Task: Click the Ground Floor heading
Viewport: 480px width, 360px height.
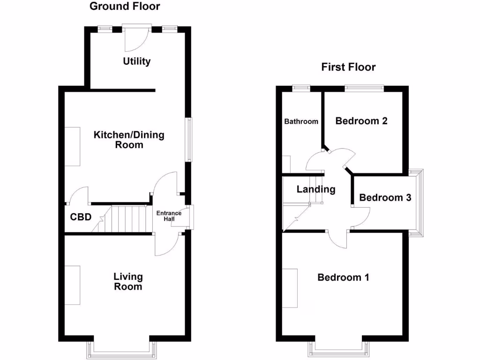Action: [124, 7]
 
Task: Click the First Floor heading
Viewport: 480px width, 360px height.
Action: [348, 67]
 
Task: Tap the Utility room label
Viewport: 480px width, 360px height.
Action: [137, 61]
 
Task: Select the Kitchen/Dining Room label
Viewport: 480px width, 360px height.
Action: [129, 140]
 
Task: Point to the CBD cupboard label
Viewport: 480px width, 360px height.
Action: [81, 217]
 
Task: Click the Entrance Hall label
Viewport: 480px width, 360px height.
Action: [169, 216]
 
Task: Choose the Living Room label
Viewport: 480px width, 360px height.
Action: [128, 281]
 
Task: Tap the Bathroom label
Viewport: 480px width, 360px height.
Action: [301, 121]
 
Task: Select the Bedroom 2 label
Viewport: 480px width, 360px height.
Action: [361, 121]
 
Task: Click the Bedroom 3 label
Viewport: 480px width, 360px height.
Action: [385, 198]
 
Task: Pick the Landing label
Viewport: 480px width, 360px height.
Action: [316, 189]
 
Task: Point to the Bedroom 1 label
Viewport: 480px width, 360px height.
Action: [343, 277]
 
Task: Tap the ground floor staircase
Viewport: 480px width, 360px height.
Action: [126, 218]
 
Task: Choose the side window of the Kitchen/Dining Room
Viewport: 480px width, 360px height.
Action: [188, 139]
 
